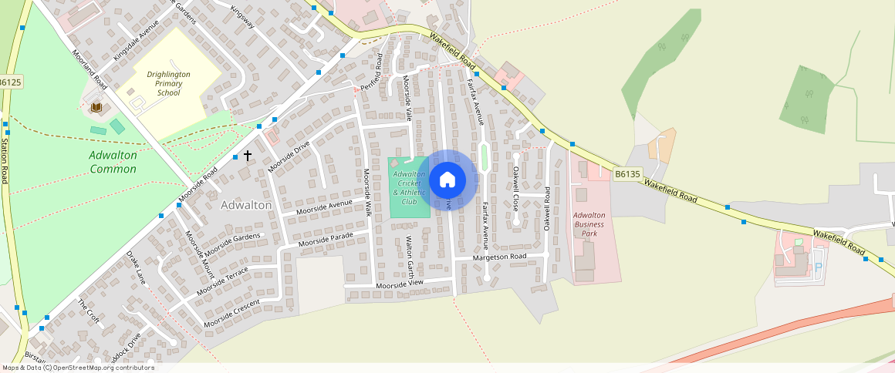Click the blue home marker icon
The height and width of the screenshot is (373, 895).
447,181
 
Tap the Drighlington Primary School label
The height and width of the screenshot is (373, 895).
168,83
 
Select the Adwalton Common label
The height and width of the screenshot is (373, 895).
113,162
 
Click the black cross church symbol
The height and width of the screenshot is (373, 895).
248,156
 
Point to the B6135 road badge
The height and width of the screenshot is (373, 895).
627,175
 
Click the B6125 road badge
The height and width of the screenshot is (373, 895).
10,82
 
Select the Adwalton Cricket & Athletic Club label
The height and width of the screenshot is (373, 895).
409,188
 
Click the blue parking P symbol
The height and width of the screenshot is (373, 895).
819,267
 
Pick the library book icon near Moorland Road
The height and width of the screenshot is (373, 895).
96,107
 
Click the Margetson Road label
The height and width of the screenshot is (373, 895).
500,257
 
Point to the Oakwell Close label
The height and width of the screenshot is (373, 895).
516,188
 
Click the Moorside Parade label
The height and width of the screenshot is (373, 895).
326,239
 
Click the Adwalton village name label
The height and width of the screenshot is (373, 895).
246,205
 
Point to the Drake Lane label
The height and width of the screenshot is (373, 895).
136,267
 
